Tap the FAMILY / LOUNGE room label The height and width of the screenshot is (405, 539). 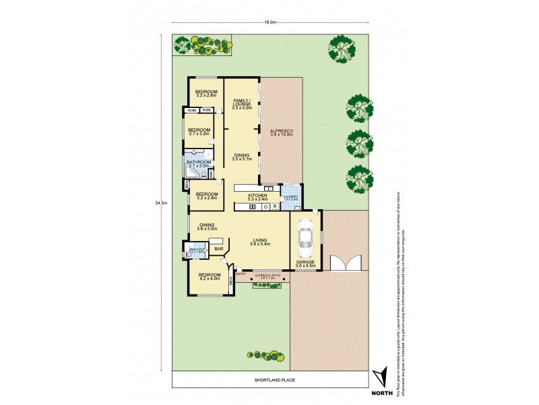coord(242,104)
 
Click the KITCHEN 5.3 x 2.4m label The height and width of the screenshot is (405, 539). coord(257,197)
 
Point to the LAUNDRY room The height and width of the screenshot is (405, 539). coord(290,198)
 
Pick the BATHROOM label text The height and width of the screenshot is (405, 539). coord(199,163)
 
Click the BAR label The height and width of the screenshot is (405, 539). coord(218,249)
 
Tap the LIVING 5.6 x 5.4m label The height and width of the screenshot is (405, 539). coord(260,242)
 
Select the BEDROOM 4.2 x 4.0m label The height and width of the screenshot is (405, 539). coord(209,277)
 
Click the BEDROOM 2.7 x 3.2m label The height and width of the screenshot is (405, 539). coord(199,132)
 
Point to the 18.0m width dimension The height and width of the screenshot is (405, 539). coord(270,22)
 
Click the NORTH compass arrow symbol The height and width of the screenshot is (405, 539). coord(381,378)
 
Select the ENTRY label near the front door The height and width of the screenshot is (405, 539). coord(241,274)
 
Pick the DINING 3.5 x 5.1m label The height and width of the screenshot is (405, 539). coord(242,158)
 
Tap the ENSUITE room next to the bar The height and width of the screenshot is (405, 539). coord(196,251)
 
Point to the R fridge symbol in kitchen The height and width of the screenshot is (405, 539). coord(276,207)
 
